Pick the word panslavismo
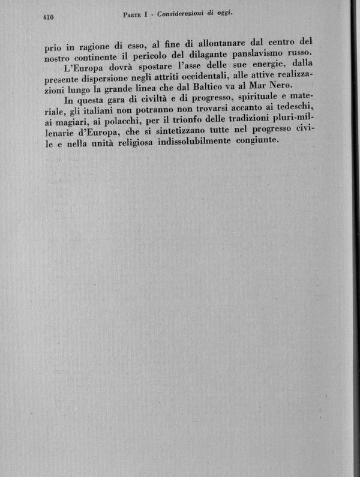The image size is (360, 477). pyautogui.click(x=260, y=56)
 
